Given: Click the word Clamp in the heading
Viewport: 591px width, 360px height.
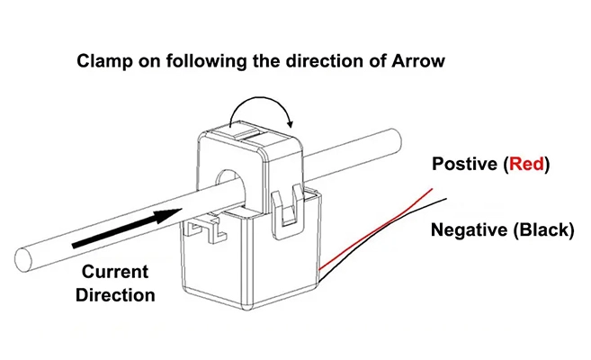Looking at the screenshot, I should pyautogui.click(x=101, y=62).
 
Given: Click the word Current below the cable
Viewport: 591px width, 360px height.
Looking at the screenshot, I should pyautogui.click(x=115, y=272).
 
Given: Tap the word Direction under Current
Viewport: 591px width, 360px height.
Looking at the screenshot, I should pyautogui.click(x=115, y=294).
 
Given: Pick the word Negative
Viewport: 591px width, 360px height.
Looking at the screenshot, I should pyautogui.click(x=470, y=229).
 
